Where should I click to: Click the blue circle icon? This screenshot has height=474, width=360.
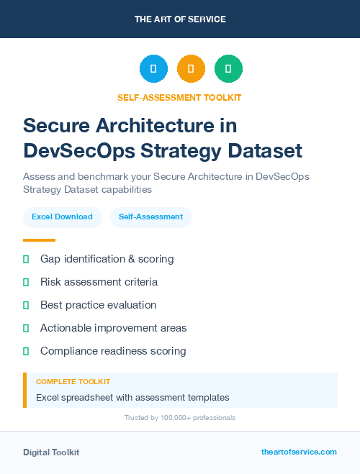(153, 69)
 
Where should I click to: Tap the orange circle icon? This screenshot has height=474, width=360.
(191, 69)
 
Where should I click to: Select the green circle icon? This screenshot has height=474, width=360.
(228, 69)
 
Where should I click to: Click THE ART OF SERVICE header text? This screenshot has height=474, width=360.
(180, 19)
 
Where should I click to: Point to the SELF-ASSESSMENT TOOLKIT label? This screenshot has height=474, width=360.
(180, 97)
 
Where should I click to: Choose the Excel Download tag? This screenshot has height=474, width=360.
(62, 217)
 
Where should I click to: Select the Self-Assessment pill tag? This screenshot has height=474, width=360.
(150, 217)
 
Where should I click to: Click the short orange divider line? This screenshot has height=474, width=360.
(39, 240)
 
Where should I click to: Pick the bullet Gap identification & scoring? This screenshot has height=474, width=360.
(107, 259)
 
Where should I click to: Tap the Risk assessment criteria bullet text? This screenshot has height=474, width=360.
(99, 282)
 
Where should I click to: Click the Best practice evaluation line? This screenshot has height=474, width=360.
(98, 305)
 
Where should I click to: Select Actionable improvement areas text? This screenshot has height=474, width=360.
(113, 328)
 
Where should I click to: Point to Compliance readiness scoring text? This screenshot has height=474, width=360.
(113, 351)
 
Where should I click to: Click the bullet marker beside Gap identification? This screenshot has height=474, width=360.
(26, 259)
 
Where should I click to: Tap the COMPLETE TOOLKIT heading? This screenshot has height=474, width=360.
(73, 381)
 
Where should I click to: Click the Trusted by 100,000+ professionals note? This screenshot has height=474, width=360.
(180, 417)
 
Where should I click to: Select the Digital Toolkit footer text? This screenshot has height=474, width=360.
(51, 452)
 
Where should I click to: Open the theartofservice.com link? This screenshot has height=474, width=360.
(299, 452)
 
